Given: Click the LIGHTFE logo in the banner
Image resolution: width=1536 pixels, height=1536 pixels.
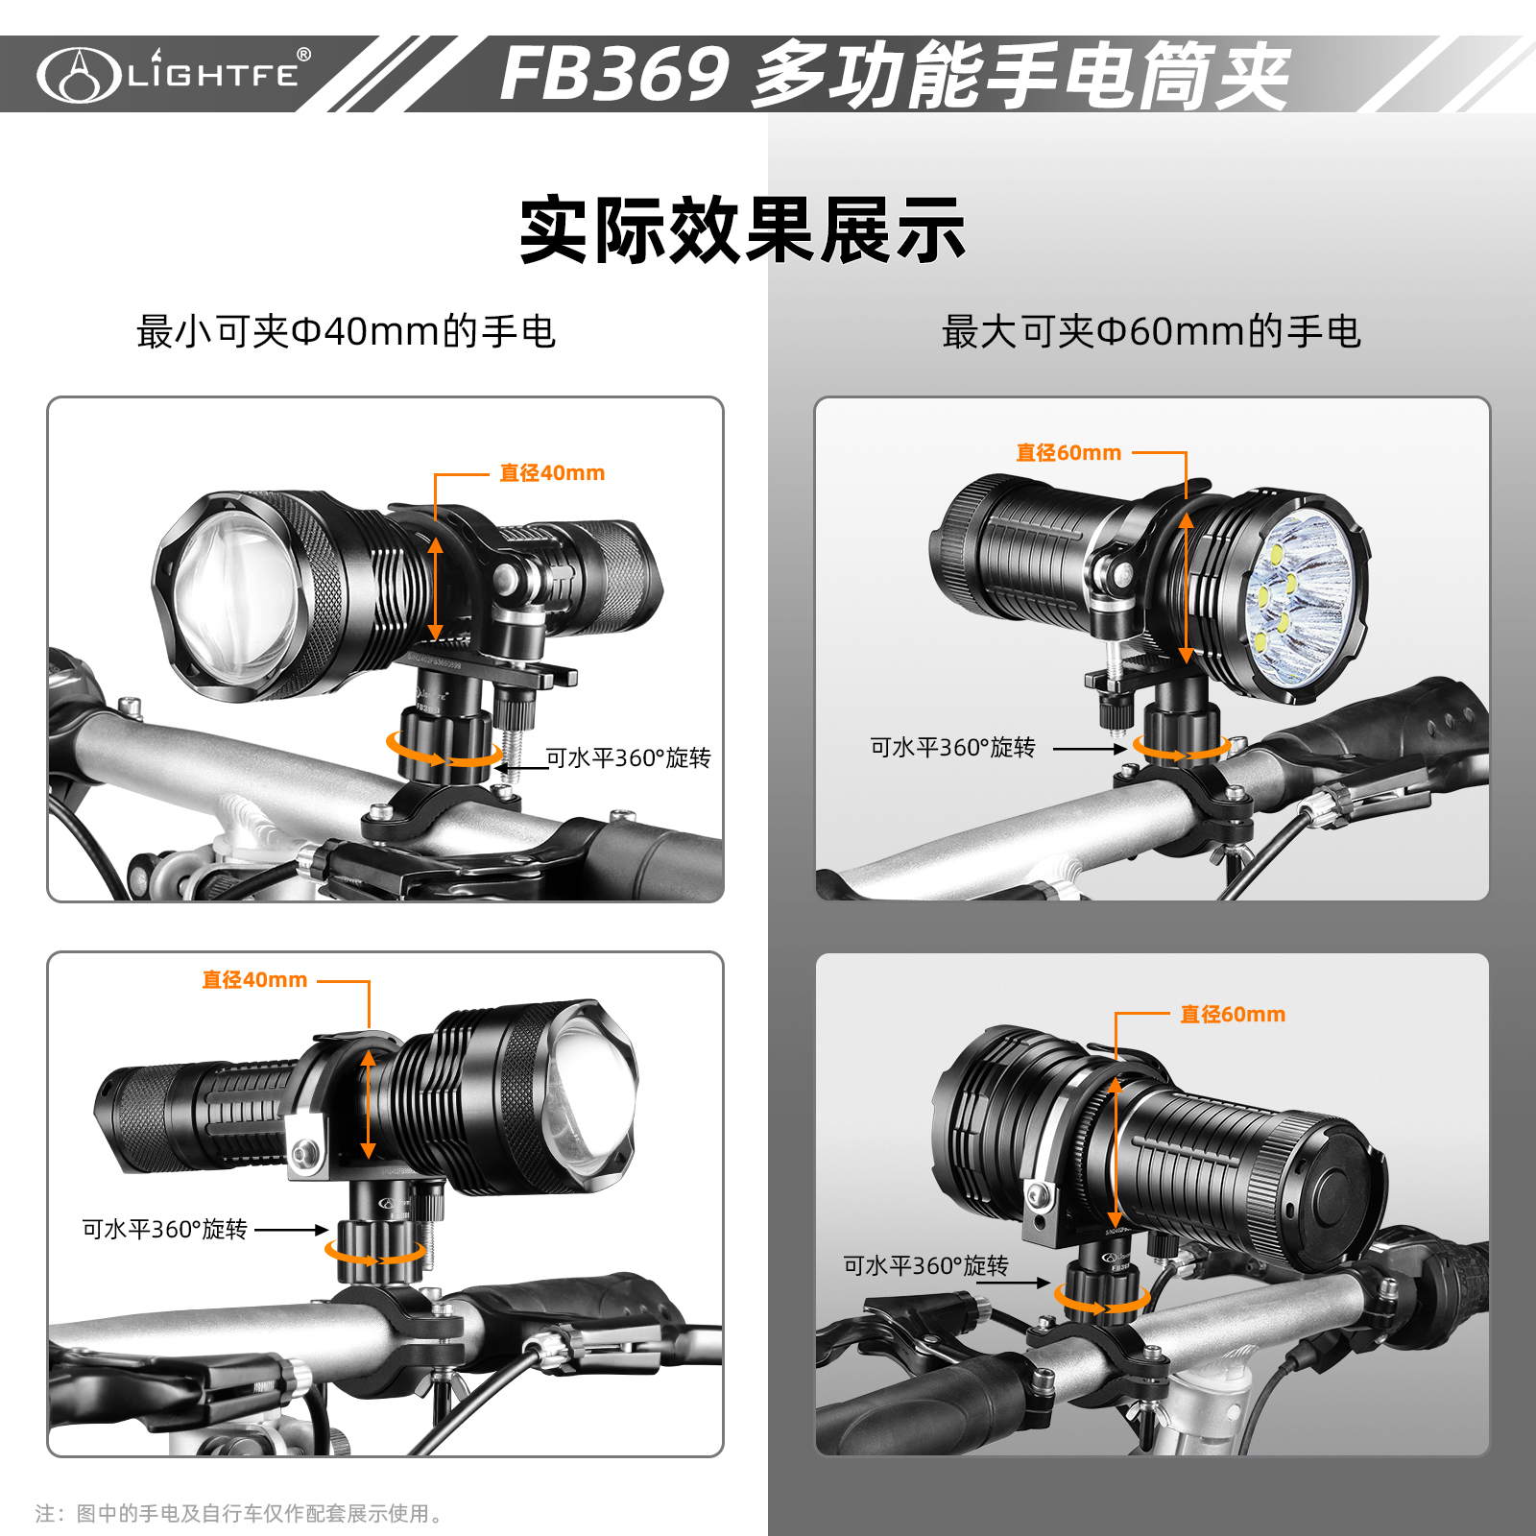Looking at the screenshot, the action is click(x=174, y=74).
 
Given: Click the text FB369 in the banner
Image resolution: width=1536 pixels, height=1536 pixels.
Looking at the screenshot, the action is click(x=615, y=75).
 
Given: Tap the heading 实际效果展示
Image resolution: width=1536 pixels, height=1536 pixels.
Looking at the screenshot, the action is click(x=742, y=230).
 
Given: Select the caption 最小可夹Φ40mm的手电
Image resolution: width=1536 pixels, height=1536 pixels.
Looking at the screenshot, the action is click(x=346, y=332).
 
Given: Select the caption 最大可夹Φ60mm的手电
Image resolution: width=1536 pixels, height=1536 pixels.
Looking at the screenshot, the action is click(x=1151, y=332).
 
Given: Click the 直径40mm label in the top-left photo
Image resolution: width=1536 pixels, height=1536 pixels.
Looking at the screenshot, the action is click(x=552, y=472).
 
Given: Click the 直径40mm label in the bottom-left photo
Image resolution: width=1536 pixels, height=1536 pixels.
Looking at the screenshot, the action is click(x=254, y=979).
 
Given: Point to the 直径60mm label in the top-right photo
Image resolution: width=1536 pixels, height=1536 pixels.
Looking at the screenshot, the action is click(x=1068, y=452).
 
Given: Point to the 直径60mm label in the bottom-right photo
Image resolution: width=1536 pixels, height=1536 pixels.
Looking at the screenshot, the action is click(x=1233, y=1014).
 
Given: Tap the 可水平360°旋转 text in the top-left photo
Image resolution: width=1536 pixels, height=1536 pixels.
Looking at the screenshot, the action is click(x=628, y=757).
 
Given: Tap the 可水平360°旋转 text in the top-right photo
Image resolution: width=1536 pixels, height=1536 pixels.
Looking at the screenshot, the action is click(x=952, y=747).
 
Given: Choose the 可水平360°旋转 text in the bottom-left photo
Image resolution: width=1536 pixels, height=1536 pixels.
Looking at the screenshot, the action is click(x=164, y=1229).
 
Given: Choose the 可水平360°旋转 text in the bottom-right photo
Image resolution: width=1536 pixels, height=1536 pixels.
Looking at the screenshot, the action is click(x=925, y=1265).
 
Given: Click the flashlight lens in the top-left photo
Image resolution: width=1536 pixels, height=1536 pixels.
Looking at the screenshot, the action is click(x=236, y=595).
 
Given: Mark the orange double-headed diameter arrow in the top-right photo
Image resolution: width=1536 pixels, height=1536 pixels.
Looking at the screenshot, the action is click(x=1187, y=588).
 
